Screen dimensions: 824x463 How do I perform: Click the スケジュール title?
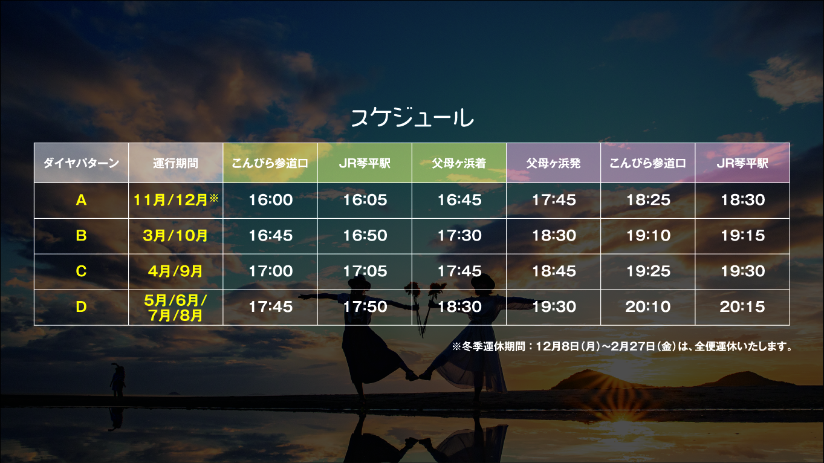pos(412,118)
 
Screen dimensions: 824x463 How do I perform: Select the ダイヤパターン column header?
pos(81,163)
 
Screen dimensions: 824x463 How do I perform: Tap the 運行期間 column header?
pos(175,163)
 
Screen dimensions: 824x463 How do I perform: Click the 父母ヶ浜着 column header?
pos(459,163)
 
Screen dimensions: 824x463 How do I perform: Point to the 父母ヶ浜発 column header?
pos(553,163)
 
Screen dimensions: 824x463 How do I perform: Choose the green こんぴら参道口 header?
pos(270,163)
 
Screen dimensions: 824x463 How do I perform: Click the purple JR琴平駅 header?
pos(742,163)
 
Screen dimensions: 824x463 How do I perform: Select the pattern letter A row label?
pos(81,200)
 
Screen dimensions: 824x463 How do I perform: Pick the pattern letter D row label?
pos(81,306)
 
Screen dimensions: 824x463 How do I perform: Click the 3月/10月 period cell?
pos(175,235)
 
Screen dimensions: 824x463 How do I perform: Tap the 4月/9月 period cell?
pos(175,271)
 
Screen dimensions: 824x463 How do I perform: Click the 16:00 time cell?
pos(270,199)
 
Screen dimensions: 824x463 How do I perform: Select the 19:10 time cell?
pos(648,235)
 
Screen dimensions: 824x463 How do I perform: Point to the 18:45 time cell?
pos(554,271)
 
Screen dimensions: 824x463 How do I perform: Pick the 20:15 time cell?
pos(742,306)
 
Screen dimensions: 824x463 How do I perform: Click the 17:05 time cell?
pos(365,271)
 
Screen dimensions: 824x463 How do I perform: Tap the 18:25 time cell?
pos(648,199)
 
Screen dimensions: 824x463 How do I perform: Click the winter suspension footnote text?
pos(623,346)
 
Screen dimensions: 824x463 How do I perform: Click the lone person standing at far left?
pos(118,380)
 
